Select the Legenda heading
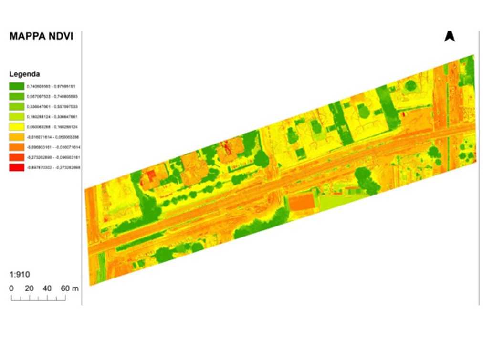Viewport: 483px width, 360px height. click(25, 74)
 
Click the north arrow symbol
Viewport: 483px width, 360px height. click(449, 36)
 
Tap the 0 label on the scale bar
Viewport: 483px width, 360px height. click(11, 288)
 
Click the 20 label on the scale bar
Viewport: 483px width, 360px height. click(29, 288)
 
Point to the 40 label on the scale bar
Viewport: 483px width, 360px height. click(47, 288)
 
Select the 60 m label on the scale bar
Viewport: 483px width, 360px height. click(69, 288)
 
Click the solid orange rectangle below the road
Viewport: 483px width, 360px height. click(302, 203)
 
